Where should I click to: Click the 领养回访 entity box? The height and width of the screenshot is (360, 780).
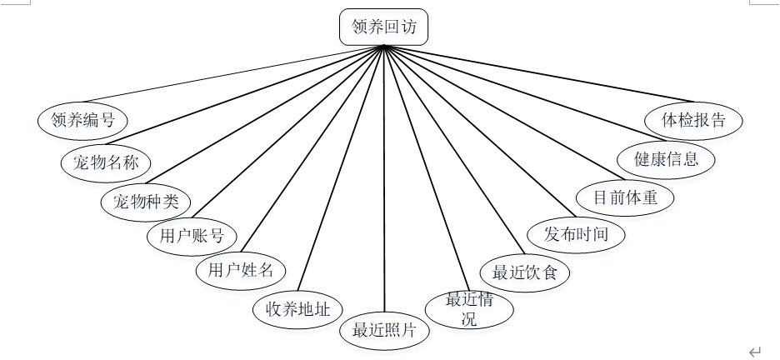(x=383, y=27)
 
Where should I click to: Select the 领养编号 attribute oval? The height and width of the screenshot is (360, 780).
(x=82, y=119)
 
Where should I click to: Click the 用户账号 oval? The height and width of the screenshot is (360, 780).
(x=192, y=236)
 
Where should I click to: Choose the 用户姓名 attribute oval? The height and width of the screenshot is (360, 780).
(x=241, y=270)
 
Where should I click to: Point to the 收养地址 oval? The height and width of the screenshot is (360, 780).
(x=297, y=309)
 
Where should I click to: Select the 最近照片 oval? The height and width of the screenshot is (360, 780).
(x=384, y=329)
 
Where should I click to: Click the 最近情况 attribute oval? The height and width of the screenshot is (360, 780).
(x=469, y=308)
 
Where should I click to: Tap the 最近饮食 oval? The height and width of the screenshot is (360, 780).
(x=525, y=272)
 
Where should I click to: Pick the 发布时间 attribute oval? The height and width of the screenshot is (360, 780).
(x=577, y=234)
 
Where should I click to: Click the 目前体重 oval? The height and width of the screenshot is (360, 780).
(x=625, y=198)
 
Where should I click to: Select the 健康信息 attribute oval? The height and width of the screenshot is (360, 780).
(x=667, y=158)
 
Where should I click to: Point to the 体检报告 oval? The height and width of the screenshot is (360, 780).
(x=694, y=119)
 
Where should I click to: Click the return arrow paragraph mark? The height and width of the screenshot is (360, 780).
(x=755, y=352)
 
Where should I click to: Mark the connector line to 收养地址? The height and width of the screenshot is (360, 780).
(x=342, y=167)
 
